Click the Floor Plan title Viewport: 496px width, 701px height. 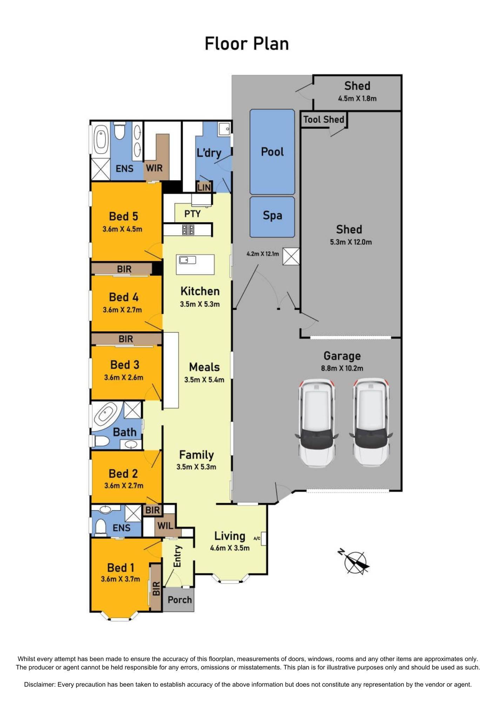click(247, 44)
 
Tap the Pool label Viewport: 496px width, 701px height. click(272, 152)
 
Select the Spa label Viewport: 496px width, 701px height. click(272, 215)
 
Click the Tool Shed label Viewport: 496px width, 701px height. click(323, 120)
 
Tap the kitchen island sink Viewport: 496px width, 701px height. click(188, 260)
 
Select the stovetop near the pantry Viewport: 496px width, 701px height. click(188, 230)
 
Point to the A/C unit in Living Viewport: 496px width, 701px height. click(263, 538)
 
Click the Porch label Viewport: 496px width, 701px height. click(180, 600)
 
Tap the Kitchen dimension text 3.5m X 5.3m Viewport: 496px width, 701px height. click(200, 304)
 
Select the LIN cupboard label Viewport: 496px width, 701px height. click(204, 188)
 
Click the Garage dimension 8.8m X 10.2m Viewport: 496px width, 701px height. click(342, 368)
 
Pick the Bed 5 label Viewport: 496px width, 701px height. click(123, 216)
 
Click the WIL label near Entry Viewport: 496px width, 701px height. click(165, 526)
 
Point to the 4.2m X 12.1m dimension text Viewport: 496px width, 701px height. click(263, 254)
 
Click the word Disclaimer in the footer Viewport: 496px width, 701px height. click(39, 685)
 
